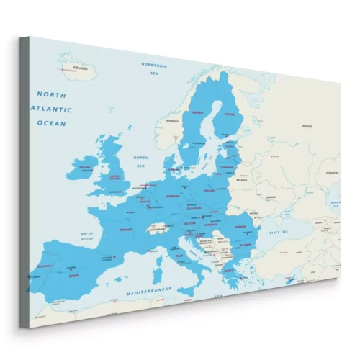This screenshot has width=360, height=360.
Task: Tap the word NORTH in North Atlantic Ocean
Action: click(x=51, y=94)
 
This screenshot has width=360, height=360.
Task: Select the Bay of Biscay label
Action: click(x=88, y=236)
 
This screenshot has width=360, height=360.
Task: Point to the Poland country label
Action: click(x=210, y=192)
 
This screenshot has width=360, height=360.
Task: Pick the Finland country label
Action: click(x=230, y=113)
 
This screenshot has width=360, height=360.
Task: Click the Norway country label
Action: click(x=172, y=121)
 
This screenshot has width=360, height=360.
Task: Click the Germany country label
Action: click(x=172, y=195)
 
